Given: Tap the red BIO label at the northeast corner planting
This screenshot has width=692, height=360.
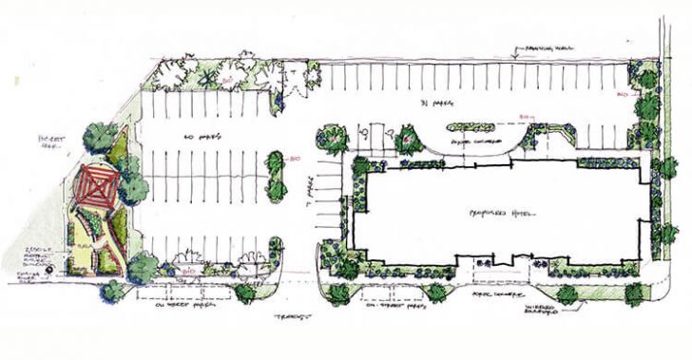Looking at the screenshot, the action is [x=623, y=95].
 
